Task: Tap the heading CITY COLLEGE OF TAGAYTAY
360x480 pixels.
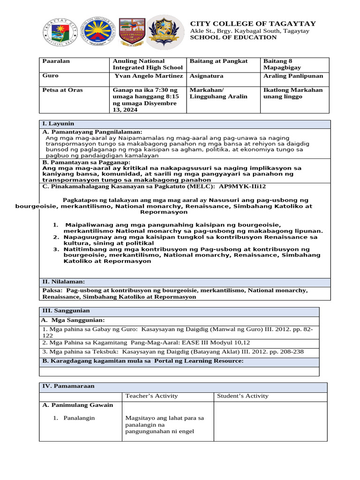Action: [253, 23]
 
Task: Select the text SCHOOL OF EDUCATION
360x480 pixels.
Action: [233, 37]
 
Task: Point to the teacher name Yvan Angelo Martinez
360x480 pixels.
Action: [149, 75]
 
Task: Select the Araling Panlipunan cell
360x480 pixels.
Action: [293, 75]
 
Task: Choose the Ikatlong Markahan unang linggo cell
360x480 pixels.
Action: [293, 93]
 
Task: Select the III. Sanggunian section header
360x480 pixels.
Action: [66, 311]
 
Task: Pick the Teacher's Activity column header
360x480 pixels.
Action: [151, 396]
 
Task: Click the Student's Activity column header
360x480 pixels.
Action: [243, 396]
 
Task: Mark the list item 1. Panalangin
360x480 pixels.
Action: [75, 418]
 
